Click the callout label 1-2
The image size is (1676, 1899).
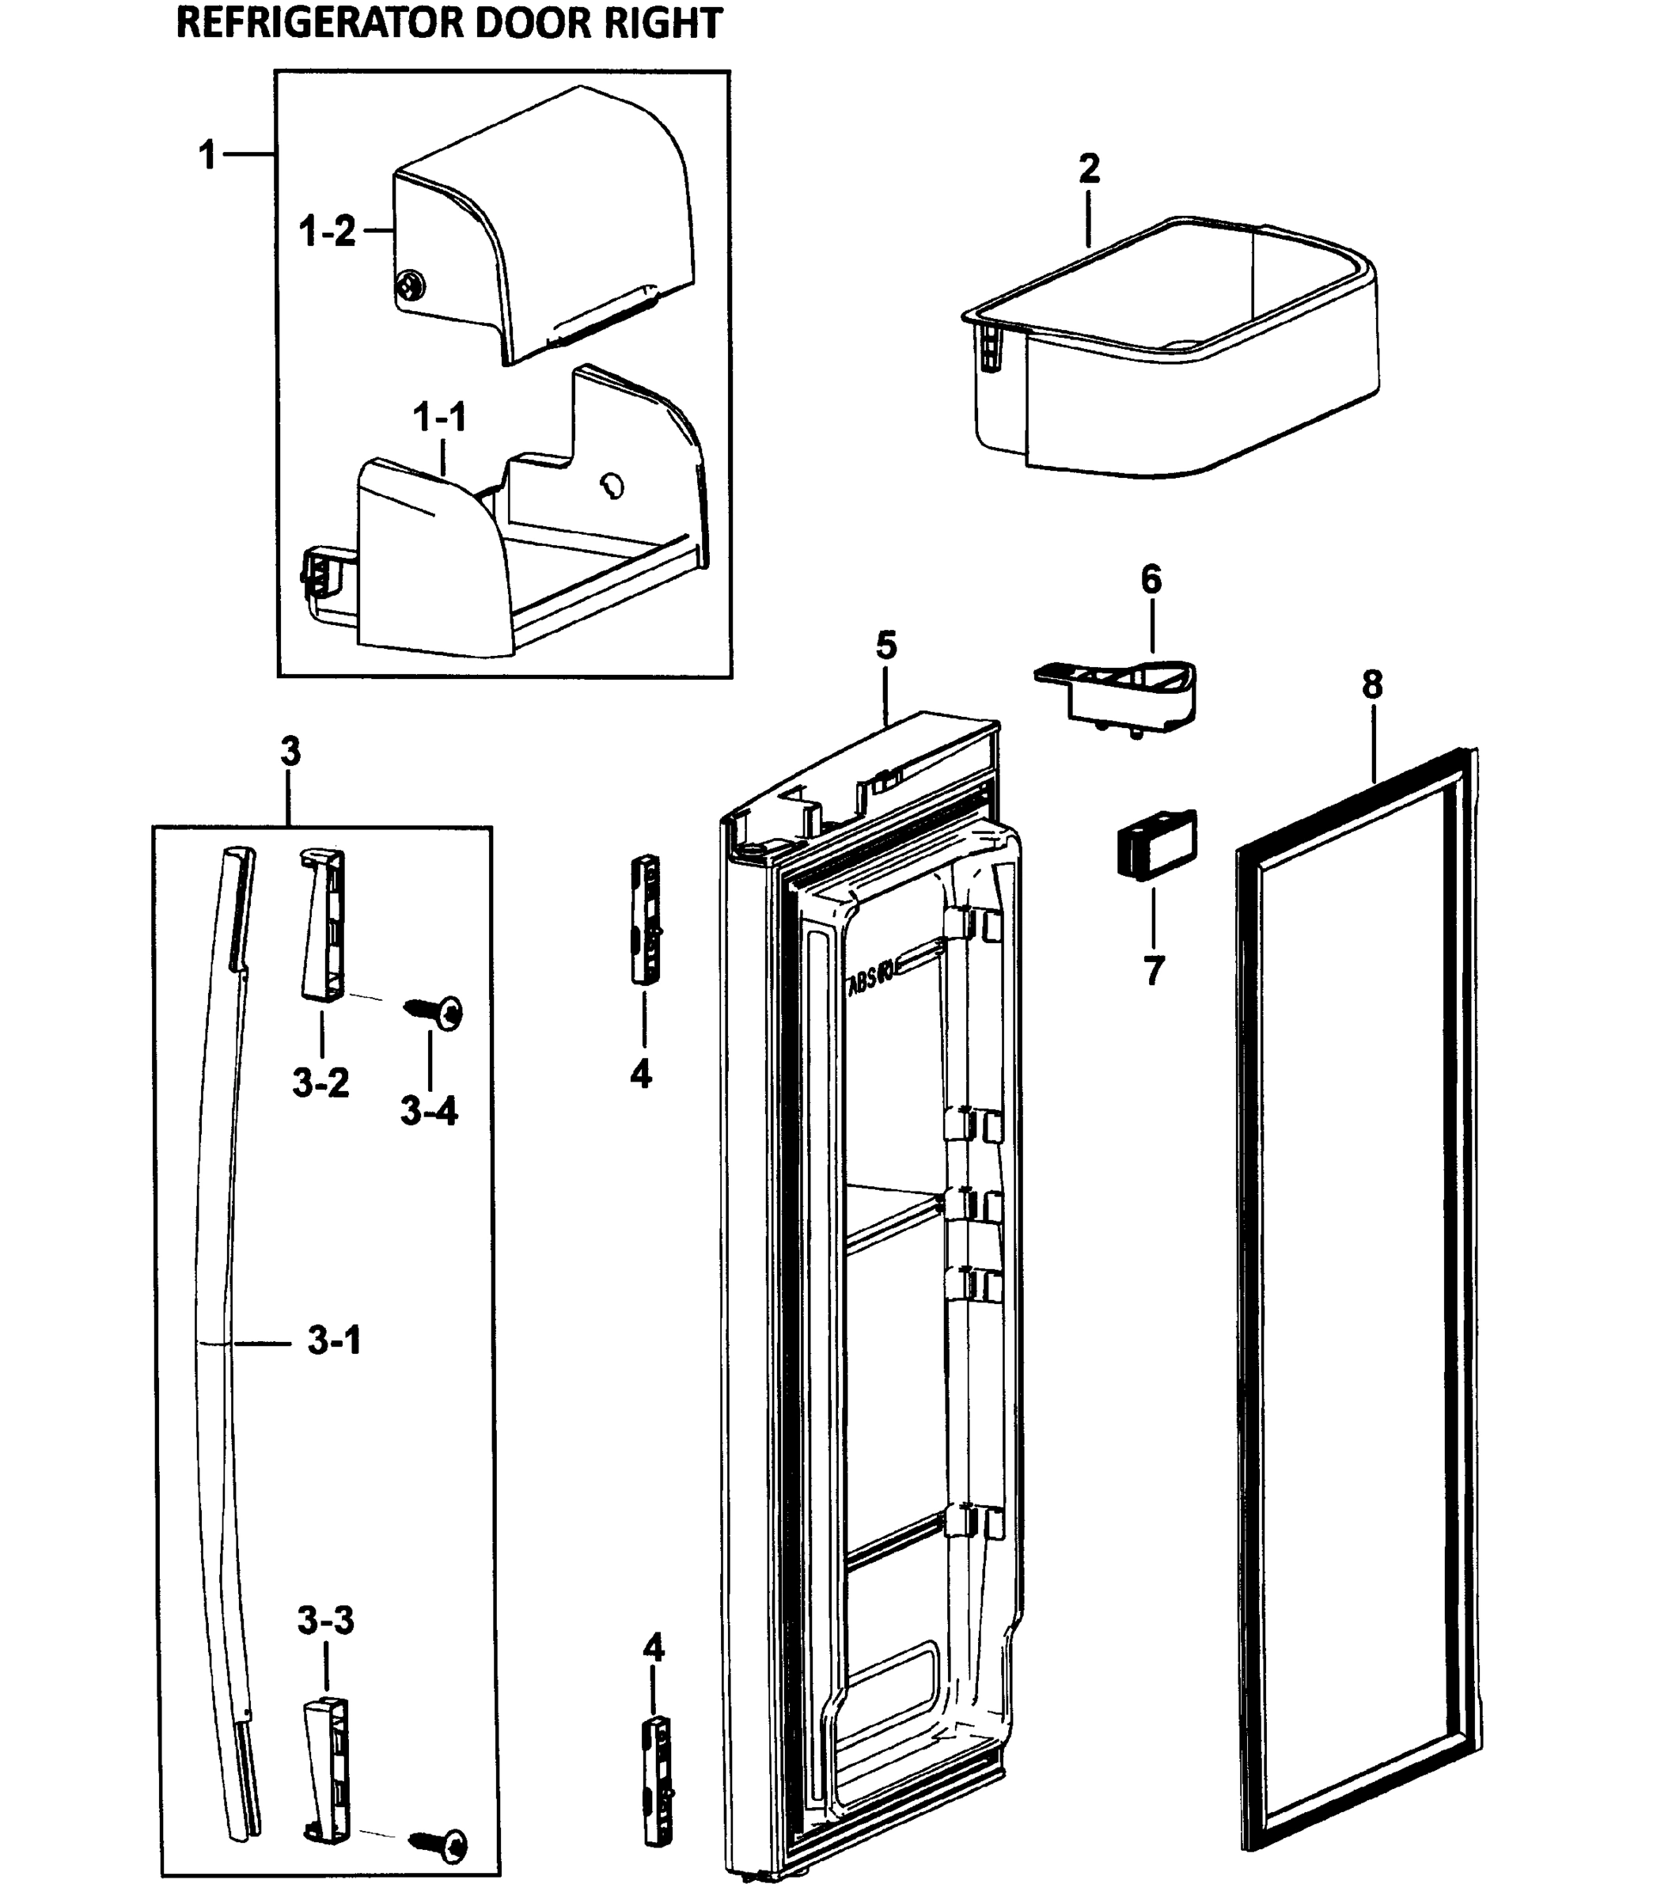pyautogui.click(x=327, y=230)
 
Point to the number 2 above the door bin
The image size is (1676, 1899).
pyautogui.click(x=1089, y=169)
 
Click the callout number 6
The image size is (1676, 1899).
pyautogui.click(x=1150, y=580)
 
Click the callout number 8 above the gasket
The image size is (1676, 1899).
pyautogui.click(x=1372, y=684)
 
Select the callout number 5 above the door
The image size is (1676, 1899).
pyautogui.click(x=886, y=645)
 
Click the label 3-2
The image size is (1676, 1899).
pyautogui.click(x=320, y=1082)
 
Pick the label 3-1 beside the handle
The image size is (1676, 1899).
pyautogui.click(x=335, y=1340)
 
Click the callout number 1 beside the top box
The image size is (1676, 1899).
pyautogui.click(x=208, y=154)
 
